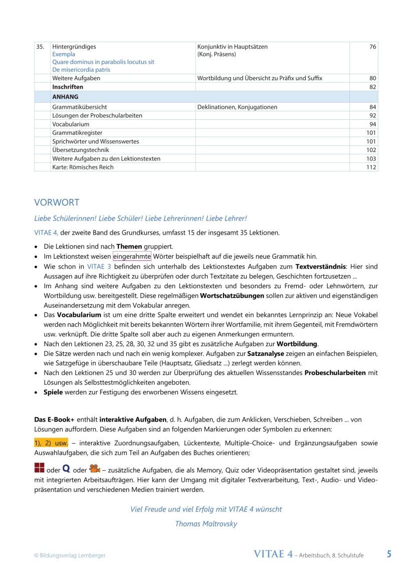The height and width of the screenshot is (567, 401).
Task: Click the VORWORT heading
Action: click(x=56, y=203)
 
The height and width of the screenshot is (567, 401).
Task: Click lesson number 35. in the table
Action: click(x=40, y=47)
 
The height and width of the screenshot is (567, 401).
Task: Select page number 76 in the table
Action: click(x=372, y=47)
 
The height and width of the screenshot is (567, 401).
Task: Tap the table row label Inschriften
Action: click(x=68, y=87)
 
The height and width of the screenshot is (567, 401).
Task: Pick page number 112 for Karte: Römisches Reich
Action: click(x=370, y=167)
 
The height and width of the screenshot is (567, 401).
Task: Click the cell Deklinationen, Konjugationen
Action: click(x=237, y=107)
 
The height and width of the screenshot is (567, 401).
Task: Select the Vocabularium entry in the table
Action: click(x=71, y=124)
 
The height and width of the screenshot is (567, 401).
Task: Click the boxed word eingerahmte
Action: click(x=132, y=256)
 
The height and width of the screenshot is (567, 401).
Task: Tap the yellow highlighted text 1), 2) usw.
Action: click(x=51, y=444)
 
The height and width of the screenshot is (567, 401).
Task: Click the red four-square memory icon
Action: click(x=39, y=469)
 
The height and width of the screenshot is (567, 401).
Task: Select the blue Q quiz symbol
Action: click(x=66, y=469)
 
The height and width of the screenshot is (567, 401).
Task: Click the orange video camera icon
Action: click(x=94, y=469)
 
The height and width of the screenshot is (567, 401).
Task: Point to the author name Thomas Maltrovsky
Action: click(x=206, y=524)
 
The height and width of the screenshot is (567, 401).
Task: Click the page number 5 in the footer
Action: click(x=389, y=554)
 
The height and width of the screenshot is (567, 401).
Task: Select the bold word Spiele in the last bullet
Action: click(x=53, y=392)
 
